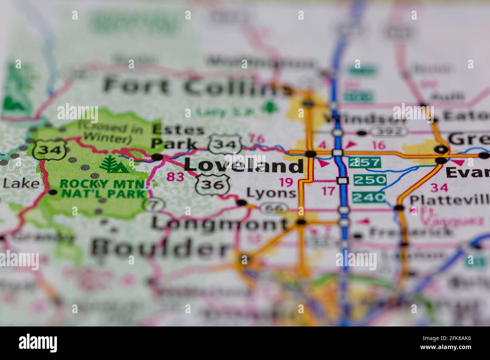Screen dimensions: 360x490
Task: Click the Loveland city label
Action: [x=243, y=166]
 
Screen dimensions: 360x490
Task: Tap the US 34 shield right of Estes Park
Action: [x=225, y=144]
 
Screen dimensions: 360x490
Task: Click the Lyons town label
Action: [x=271, y=193]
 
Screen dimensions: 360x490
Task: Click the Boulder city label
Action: [x=160, y=248]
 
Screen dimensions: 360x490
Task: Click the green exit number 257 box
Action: [x=364, y=163]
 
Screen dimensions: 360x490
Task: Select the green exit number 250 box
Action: [x=370, y=180]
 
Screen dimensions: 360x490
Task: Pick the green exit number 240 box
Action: [x=368, y=197]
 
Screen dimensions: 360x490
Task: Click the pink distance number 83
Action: [x=175, y=177]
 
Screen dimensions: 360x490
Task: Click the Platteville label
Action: [x=449, y=200]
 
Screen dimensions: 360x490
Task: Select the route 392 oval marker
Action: [x=389, y=131]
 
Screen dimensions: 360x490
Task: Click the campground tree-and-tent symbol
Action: [x=113, y=164]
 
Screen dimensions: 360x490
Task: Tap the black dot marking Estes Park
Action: [x=158, y=157]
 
